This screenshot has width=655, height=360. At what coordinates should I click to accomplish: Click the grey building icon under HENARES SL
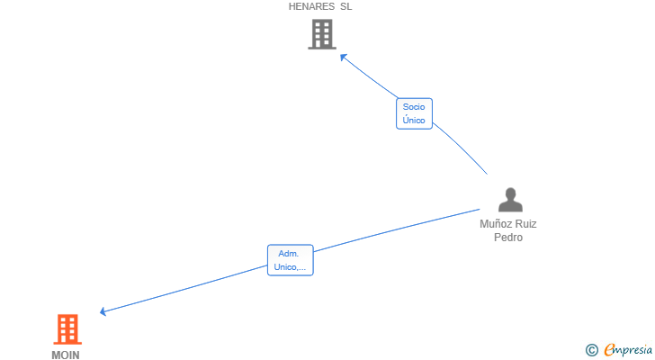322,34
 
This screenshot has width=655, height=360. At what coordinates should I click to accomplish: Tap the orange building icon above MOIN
67,329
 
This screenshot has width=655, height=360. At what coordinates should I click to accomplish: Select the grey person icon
510,200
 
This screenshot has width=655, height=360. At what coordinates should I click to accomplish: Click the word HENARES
311,6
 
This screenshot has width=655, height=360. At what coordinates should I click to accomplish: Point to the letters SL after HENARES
345,6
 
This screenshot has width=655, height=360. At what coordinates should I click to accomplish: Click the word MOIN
66,355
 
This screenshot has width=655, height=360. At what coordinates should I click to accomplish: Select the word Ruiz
525,224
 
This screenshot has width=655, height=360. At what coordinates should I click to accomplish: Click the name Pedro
508,238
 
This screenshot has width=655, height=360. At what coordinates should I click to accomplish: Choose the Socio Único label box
414,113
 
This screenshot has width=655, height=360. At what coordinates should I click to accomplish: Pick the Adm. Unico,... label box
291,260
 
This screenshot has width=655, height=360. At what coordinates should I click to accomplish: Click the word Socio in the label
414,107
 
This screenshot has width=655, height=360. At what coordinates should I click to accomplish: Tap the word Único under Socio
414,120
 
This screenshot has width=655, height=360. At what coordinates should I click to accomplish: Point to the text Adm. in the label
289,254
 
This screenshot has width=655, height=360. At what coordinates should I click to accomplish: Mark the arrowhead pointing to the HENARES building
344,58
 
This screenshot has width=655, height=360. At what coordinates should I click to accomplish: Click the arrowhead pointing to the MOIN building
103,311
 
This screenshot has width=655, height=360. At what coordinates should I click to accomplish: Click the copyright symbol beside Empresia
591,350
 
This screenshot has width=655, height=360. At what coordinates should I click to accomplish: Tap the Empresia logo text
628,350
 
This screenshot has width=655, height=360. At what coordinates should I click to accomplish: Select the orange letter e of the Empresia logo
610,349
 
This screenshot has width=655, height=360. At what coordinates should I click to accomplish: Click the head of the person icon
510,193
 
